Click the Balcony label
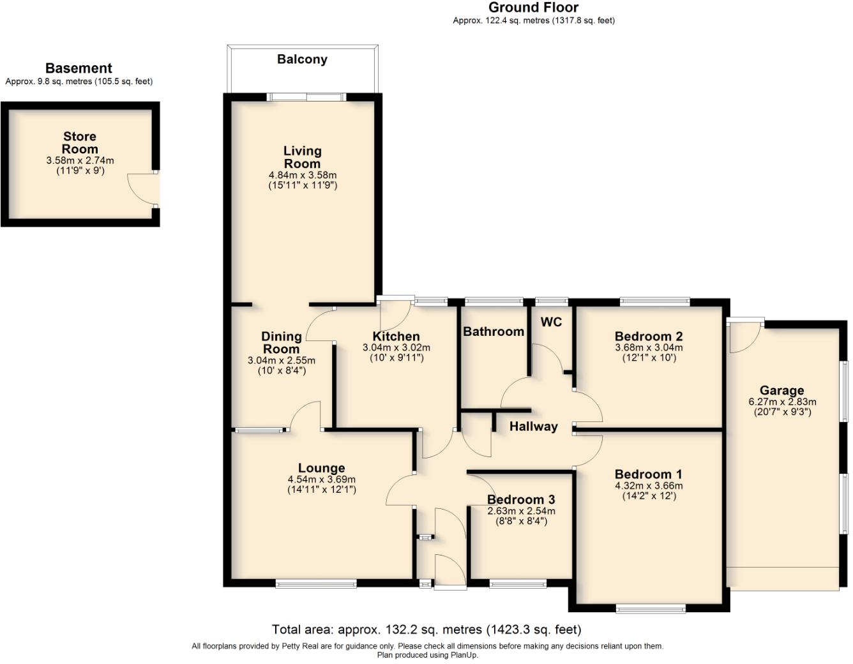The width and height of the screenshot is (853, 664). point(302,59)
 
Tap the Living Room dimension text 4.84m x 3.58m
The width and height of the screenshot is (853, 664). point(303,175)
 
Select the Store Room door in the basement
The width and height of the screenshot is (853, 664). point(142,188)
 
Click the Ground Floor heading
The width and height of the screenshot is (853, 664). point(533,8)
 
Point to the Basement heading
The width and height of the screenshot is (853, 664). point(79,68)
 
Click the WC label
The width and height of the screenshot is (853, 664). point(551,322)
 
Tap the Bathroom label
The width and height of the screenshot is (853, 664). point(493,331)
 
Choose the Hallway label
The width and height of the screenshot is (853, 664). point(533,426)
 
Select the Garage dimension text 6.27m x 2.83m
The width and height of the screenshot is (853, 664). point(782,402)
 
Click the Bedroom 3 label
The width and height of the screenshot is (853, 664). point(520,499)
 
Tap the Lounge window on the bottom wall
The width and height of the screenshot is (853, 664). point(316,583)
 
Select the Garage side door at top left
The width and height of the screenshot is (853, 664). point(746,333)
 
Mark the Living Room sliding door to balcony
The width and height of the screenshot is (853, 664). point(306,98)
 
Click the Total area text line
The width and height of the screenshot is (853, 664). point(426,630)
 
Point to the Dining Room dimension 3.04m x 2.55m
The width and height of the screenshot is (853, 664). point(281,361)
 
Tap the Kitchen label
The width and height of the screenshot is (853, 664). point(396,336)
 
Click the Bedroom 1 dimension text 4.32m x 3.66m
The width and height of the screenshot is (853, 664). point(648,486)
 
